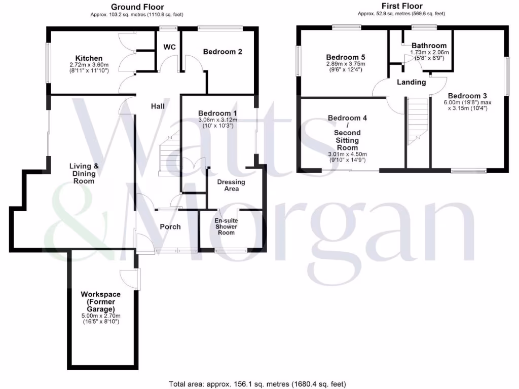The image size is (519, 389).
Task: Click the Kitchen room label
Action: pos(89,58)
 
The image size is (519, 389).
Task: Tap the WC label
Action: pos(169,47)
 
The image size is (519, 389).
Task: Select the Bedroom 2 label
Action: pos(223,52)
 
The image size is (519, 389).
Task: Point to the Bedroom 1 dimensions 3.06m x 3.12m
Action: pos(217,120)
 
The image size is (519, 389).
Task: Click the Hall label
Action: pos(157,106)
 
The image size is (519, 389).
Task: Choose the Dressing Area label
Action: pos(231,185)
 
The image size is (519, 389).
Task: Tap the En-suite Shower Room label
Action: pos(226,226)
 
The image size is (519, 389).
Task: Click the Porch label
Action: pos(170,226)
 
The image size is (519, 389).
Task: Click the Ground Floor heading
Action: pos(137,7)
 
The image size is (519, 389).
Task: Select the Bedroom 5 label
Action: pos(346,57)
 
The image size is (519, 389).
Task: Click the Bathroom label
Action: pos(429,46)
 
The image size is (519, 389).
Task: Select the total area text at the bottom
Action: pos(257,383)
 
